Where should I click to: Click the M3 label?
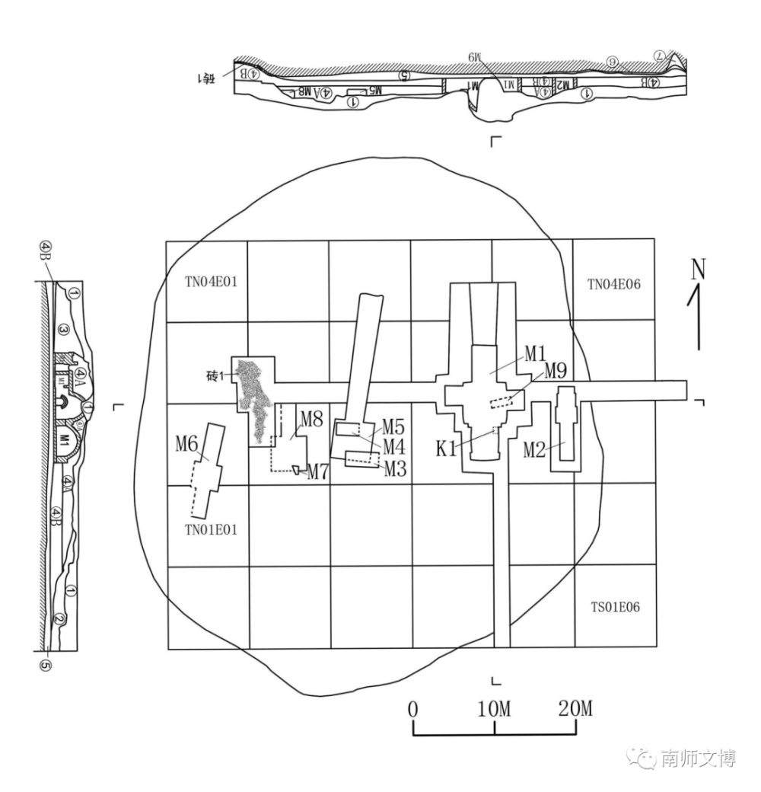coord(395,469)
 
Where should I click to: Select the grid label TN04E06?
coord(613,284)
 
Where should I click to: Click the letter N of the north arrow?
coord(698,270)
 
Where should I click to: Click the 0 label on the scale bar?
coord(413,710)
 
